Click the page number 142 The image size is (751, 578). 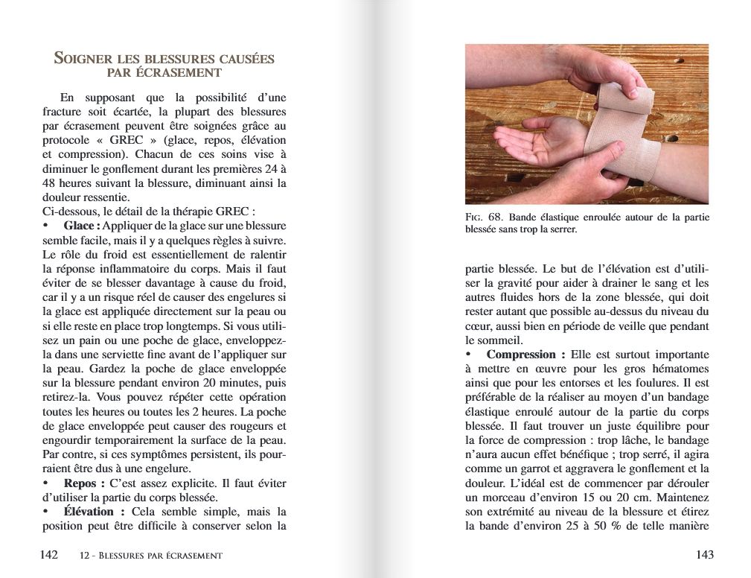pos(48,555)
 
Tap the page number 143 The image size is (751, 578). pos(704,555)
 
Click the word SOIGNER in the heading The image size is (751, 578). pos(83,59)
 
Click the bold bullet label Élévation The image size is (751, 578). pos(89,512)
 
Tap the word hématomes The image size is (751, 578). pos(679,369)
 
